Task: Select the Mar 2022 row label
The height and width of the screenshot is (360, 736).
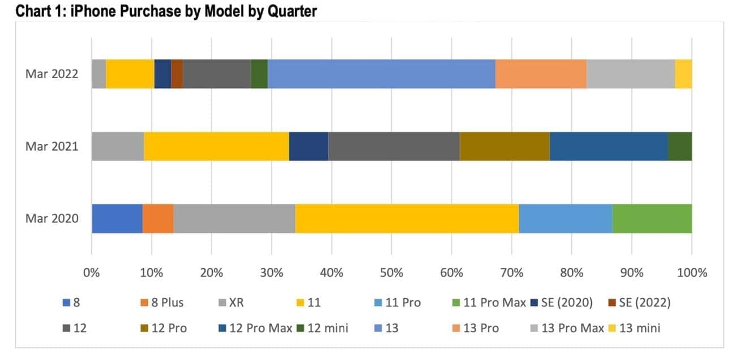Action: (x=52, y=74)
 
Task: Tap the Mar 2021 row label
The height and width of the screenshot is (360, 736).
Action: (x=52, y=147)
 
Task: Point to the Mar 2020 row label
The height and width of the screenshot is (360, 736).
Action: (x=52, y=219)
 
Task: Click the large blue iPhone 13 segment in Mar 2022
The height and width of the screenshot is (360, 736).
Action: (x=381, y=74)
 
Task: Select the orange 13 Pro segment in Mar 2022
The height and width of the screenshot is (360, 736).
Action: (x=541, y=74)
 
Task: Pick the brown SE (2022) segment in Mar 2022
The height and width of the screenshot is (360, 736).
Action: (x=177, y=74)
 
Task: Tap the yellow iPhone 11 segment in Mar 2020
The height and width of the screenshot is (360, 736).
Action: (x=406, y=218)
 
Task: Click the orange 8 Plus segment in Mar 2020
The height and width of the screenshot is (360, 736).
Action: (x=158, y=218)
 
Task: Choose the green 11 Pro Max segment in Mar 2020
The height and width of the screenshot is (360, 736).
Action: (x=652, y=218)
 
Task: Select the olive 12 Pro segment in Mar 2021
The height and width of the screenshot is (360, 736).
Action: (x=504, y=146)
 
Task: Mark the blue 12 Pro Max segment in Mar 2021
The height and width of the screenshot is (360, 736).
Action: (x=609, y=146)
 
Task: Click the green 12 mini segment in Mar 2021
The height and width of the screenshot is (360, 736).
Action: (x=679, y=146)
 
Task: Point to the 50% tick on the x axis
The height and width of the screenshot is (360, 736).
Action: (x=392, y=273)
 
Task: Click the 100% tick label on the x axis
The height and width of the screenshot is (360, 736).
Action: (x=691, y=273)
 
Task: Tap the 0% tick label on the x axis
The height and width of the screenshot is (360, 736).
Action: (x=92, y=273)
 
